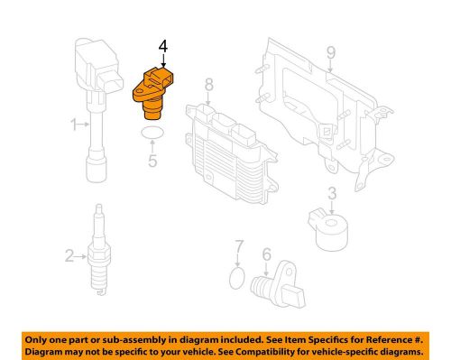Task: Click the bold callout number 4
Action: click(x=163, y=47)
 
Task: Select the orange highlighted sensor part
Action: click(x=152, y=92)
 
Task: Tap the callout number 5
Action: click(x=152, y=161)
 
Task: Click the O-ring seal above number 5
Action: click(x=152, y=134)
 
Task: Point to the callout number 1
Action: click(x=74, y=125)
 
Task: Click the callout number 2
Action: click(x=69, y=256)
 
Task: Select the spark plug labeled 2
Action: click(x=99, y=250)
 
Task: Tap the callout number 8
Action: click(x=208, y=85)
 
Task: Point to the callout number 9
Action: click(x=330, y=53)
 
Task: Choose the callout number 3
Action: click(x=332, y=193)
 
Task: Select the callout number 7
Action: click(x=238, y=246)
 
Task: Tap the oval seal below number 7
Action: click(x=237, y=278)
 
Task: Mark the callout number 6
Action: click(x=266, y=254)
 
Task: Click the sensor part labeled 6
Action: click(x=278, y=285)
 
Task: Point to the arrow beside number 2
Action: click(x=80, y=256)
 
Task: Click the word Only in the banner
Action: click(x=34, y=340)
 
